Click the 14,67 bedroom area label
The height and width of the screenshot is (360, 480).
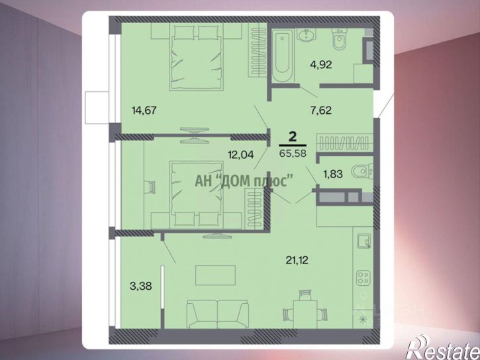[x=144, y=110]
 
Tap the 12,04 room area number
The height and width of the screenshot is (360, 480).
[x=241, y=155]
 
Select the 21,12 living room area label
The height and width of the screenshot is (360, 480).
[x=297, y=260]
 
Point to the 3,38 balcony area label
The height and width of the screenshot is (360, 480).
[x=141, y=287]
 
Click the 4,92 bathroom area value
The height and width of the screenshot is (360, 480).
[x=320, y=65]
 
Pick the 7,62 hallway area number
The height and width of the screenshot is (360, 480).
[x=321, y=110]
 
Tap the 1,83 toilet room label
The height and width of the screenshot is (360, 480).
[x=333, y=174]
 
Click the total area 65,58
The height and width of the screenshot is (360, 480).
[x=293, y=154]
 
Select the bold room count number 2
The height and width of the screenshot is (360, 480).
[x=293, y=136]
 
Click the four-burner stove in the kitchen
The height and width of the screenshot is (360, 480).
[x=363, y=278]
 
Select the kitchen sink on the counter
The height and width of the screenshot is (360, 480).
[x=363, y=241]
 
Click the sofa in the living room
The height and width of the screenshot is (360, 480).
[x=217, y=314]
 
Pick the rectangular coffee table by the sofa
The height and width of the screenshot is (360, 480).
[x=216, y=275]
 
